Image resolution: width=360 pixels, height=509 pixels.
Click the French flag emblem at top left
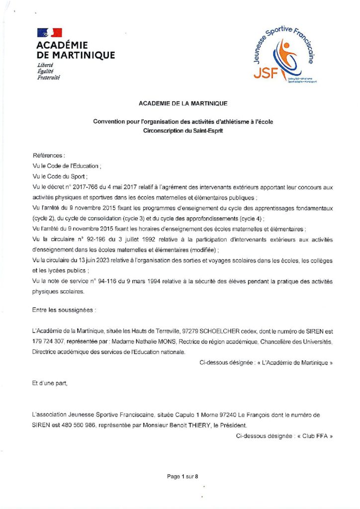50,33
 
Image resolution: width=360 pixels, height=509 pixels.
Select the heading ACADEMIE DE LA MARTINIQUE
183,103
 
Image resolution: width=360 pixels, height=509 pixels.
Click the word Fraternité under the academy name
48,79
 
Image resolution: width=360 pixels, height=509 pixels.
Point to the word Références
49,156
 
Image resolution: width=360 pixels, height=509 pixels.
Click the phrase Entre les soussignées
64,310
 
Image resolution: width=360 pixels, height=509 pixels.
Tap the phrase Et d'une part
49,383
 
